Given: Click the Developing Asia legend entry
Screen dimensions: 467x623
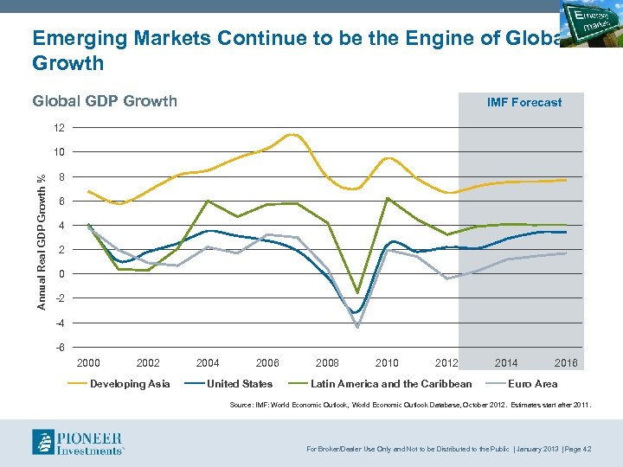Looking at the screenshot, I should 130,384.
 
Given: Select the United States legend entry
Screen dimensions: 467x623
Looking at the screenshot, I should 240,384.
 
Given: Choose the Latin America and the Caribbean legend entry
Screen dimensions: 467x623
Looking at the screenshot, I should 391,384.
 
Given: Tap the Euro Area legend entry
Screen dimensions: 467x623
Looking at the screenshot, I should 532,384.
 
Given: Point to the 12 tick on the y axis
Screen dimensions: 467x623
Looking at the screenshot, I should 59,128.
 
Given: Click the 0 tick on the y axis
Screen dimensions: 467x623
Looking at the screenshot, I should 61,274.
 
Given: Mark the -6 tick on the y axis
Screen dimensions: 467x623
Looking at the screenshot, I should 59,348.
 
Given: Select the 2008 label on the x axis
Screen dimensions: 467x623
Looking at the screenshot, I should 327,363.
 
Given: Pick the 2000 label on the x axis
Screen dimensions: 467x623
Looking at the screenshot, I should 88,363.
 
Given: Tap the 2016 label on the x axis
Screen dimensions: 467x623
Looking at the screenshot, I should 566,363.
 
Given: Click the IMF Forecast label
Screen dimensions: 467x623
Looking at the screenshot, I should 524,102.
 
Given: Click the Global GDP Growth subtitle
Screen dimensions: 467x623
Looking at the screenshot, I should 104,101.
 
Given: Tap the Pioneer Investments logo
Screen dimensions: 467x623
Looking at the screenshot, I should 78,441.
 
